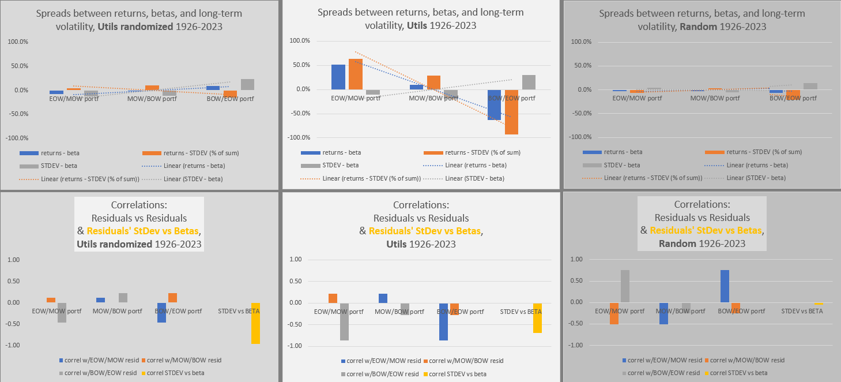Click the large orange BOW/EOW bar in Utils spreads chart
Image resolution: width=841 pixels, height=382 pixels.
[511, 112]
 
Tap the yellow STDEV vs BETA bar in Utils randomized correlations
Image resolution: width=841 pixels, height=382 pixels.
[255, 323]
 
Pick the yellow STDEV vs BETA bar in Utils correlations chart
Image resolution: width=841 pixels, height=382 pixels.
[537, 318]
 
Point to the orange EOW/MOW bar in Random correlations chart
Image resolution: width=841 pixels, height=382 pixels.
[614, 313]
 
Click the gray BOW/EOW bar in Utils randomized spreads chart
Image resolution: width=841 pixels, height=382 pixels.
[247, 84]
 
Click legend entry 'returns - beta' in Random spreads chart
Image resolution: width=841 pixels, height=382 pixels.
[623, 152]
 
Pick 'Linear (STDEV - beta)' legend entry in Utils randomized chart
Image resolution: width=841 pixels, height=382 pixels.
[193, 179]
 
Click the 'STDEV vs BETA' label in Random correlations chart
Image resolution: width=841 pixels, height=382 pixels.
[802, 311]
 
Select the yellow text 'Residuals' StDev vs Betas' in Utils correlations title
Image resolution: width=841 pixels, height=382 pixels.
[425, 231]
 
